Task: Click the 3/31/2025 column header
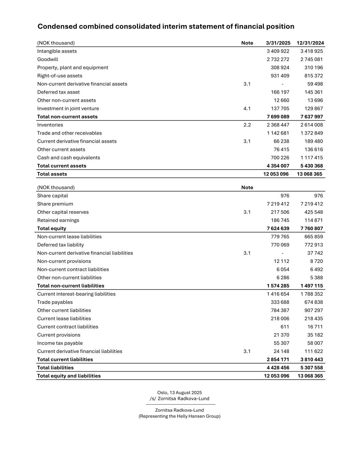278,43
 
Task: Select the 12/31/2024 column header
310,43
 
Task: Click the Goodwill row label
48,59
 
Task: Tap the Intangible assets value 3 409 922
278,51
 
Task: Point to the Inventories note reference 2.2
247,125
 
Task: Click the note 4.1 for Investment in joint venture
247,109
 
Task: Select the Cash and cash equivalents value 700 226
280,158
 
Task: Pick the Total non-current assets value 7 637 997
312,117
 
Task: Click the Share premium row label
55,204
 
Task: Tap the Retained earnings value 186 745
280,220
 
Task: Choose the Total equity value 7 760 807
312,228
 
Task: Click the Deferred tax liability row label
60,245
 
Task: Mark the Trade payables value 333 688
280,302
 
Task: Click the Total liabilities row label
55,368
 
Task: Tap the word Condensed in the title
57,27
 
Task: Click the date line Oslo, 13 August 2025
179,393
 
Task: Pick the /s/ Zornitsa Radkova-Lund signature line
179,399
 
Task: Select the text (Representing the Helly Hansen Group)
179,416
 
